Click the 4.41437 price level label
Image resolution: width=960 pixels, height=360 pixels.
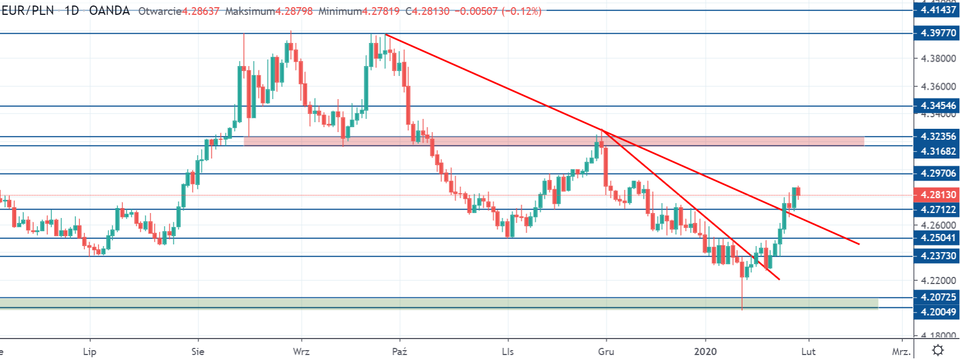(938, 10)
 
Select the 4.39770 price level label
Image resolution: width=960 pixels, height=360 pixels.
(938, 33)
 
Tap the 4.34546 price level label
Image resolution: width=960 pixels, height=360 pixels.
(938, 106)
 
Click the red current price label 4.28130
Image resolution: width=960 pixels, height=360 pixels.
(938, 195)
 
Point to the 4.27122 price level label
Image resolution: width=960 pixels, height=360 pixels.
(938, 210)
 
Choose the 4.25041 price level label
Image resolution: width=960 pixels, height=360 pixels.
(938, 238)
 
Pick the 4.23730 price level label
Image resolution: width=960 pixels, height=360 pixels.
(938, 256)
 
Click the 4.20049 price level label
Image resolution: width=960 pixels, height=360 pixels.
(938, 312)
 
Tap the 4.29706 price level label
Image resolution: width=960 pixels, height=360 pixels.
(938, 173)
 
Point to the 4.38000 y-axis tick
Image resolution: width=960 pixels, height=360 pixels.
(938, 59)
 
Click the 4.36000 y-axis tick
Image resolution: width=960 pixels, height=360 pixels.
(938, 87)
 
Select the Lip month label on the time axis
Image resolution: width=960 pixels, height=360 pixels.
(89, 351)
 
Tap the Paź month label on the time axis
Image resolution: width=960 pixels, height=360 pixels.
(400, 351)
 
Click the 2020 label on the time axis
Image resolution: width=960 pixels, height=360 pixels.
(705, 351)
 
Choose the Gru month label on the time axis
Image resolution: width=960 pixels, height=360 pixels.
(606, 351)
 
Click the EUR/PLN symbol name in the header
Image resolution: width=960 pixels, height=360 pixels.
(28, 11)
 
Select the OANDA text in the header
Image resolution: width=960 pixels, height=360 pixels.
(109, 11)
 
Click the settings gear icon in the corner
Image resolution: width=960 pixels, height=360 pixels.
(938, 350)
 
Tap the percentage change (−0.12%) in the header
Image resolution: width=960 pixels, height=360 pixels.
(521, 11)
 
